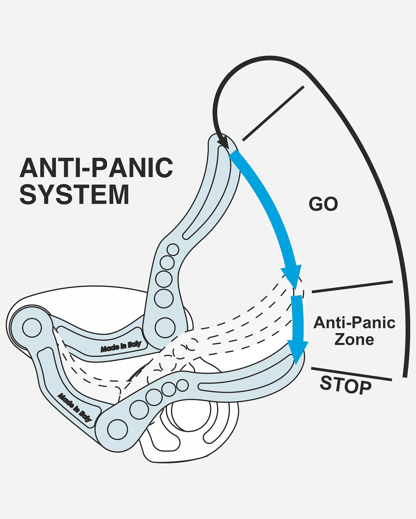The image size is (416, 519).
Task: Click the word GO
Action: pyautogui.click(x=323, y=204)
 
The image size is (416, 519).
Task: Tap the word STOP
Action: pyautogui.click(x=346, y=385)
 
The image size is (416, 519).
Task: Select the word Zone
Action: pyautogui.click(x=354, y=339)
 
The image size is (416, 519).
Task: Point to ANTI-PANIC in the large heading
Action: pyautogui.click(x=96, y=167)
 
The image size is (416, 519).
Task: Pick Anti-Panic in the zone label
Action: pyautogui.click(x=354, y=322)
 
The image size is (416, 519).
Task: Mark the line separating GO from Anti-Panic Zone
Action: pyautogui.click(x=352, y=287)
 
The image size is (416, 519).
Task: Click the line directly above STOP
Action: pyautogui.click(x=351, y=374)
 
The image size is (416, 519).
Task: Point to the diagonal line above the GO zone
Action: pyautogui.click(x=273, y=113)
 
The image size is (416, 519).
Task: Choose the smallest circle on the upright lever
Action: pyautogui.click(x=173, y=249)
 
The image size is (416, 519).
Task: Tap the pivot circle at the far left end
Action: pyautogui.click(x=32, y=328)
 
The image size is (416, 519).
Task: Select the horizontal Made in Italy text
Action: pyautogui.click(x=121, y=346)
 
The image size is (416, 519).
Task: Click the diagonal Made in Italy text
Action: pyautogui.click(x=75, y=407)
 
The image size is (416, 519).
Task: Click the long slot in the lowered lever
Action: pyautogui.click(x=246, y=375)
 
